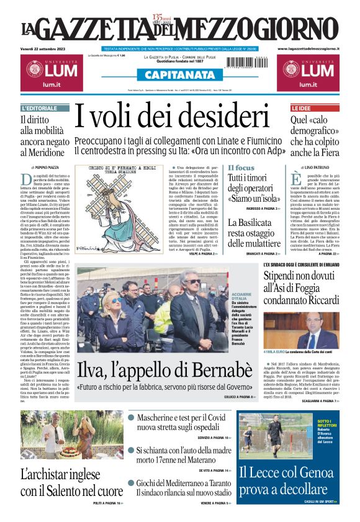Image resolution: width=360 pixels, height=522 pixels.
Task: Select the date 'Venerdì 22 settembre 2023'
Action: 46,48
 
